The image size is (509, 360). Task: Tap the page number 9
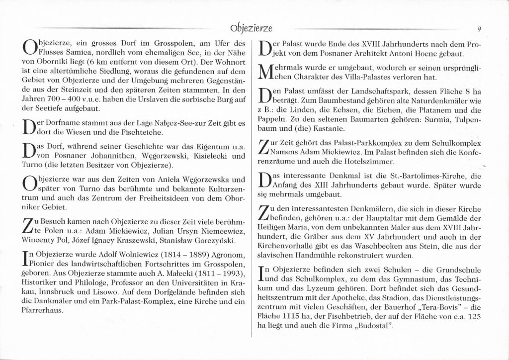478,29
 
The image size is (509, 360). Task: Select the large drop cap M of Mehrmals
268,73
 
